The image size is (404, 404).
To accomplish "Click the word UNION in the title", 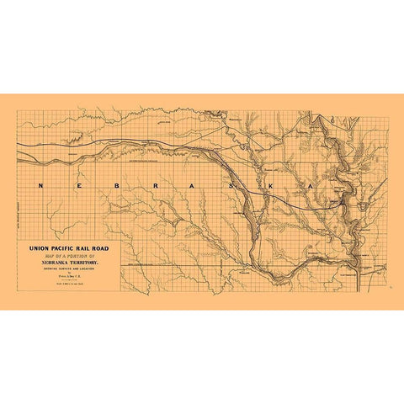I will (x=39, y=249).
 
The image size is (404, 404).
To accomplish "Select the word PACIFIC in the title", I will (x=66, y=249).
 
